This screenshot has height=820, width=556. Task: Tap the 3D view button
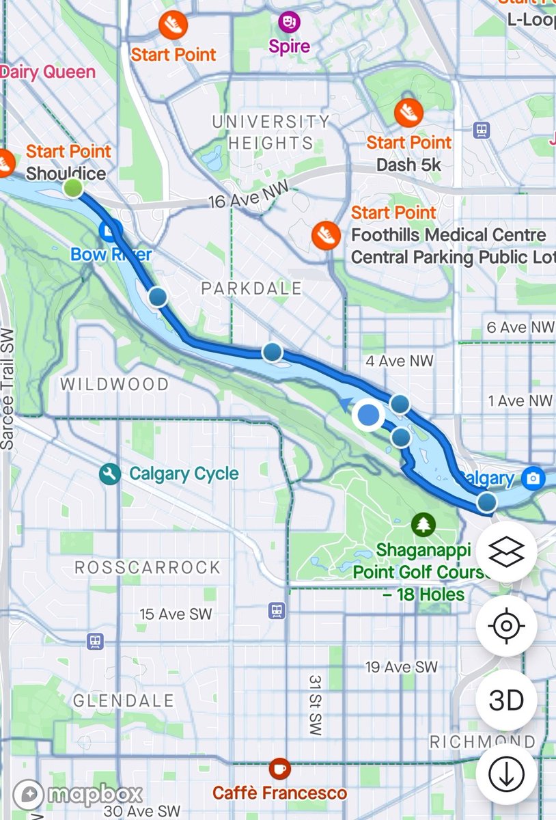click(x=506, y=700)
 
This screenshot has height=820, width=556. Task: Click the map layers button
click(x=506, y=551)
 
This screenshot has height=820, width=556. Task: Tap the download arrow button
click(x=506, y=774)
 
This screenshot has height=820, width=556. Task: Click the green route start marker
click(x=73, y=188)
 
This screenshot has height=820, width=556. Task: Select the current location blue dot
click(x=369, y=414)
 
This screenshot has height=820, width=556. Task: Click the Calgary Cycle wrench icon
click(x=109, y=474)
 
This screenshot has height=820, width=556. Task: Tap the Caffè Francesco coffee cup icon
click(x=279, y=769)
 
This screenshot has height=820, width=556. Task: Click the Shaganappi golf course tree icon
click(x=423, y=525)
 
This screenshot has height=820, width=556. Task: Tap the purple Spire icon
click(x=289, y=23)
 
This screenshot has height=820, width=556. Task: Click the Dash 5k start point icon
click(x=408, y=112)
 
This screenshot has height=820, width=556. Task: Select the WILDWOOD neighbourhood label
click(x=114, y=385)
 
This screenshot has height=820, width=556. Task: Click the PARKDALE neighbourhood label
click(x=251, y=288)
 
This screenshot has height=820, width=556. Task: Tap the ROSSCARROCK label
click(x=148, y=567)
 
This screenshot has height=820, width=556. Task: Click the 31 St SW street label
click(x=314, y=706)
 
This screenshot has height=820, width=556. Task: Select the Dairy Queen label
click(x=48, y=72)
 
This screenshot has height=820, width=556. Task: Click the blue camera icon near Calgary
click(x=533, y=478)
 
